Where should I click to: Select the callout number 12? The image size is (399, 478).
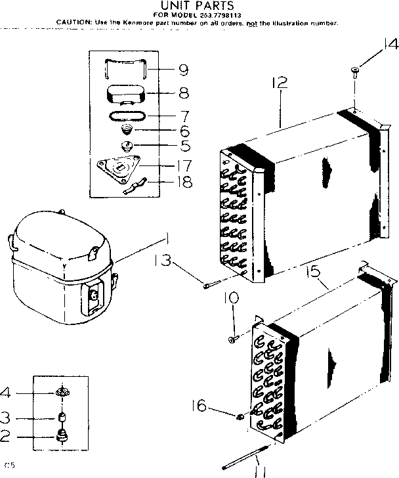(x=280, y=83)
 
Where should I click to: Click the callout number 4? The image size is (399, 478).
(x=6, y=393)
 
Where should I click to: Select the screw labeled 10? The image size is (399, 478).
(x=232, y=339)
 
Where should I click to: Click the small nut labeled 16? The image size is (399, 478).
(x=240, y=416)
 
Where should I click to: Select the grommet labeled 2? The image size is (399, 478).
(x=63, y=435)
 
